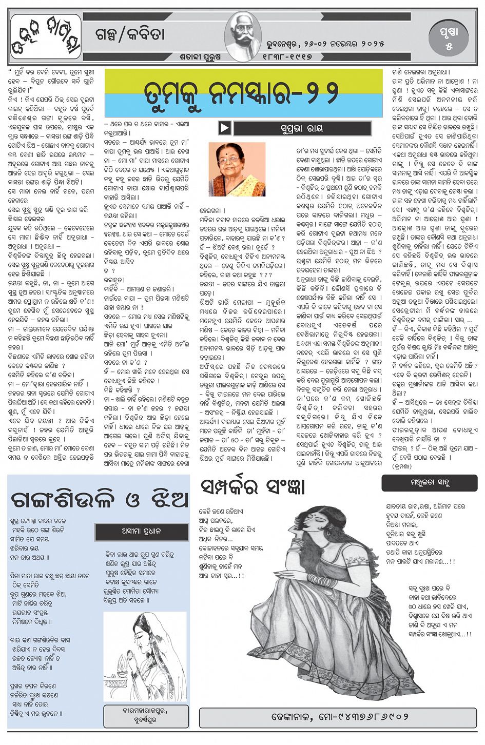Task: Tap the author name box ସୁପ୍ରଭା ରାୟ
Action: pos(302,128)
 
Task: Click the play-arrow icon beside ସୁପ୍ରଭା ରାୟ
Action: pos(224,128)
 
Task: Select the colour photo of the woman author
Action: pos(237,169)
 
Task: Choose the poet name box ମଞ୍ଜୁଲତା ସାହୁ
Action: pos(429,483)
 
